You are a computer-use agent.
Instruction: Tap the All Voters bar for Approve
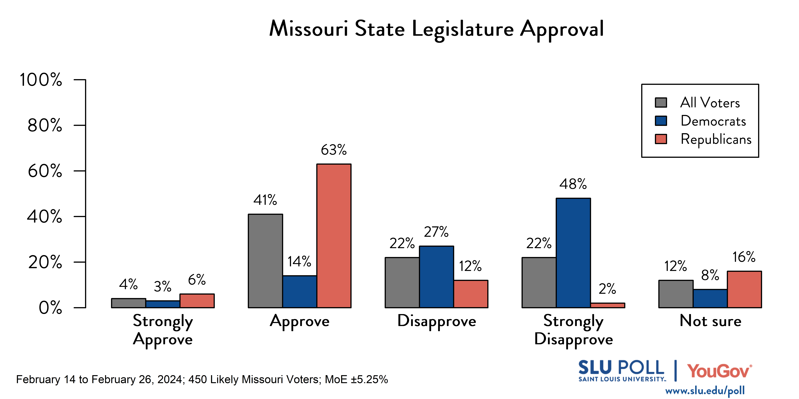click(x=265, y=261)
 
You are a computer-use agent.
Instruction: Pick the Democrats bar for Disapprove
click(x=436, y=277)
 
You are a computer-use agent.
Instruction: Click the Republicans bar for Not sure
click(x=744, y=289)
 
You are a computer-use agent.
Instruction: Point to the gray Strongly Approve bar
click(x=128, y=303)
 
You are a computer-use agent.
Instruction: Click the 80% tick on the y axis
click(x=45, y=125)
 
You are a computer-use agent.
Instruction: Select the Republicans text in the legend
click(x=716, y=139)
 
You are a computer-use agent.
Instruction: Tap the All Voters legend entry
click(x=710, y=103)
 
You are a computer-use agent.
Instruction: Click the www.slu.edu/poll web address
click(x=705, y=391)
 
